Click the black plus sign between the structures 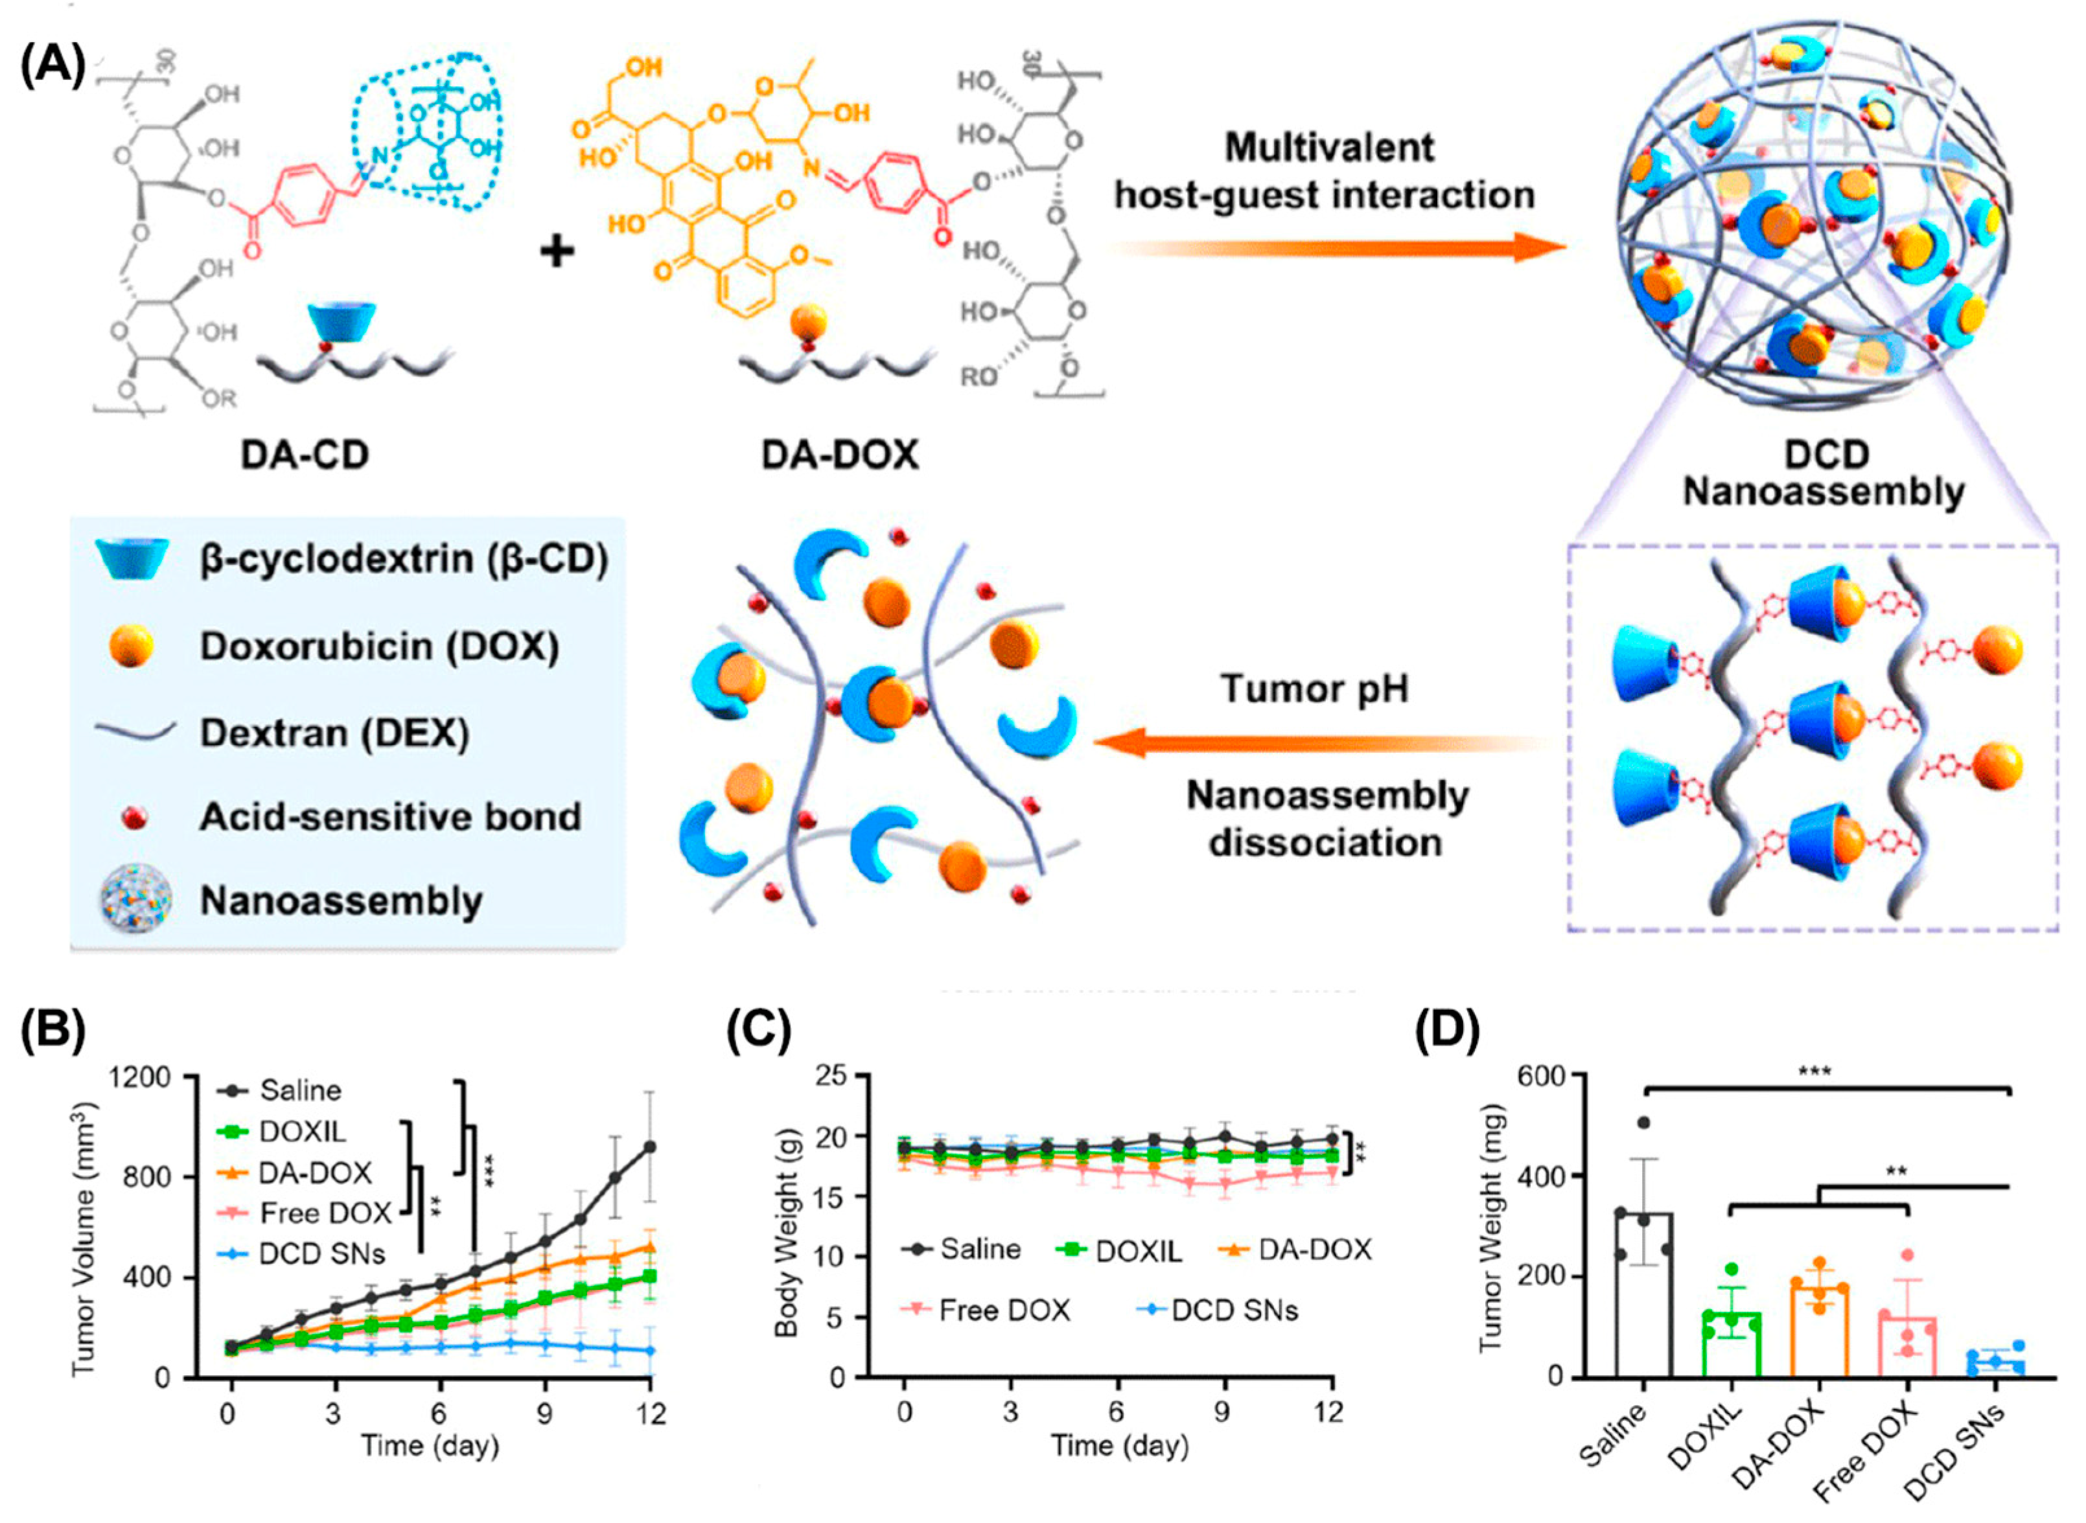(556, 250)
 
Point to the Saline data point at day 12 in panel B (649, 1147)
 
